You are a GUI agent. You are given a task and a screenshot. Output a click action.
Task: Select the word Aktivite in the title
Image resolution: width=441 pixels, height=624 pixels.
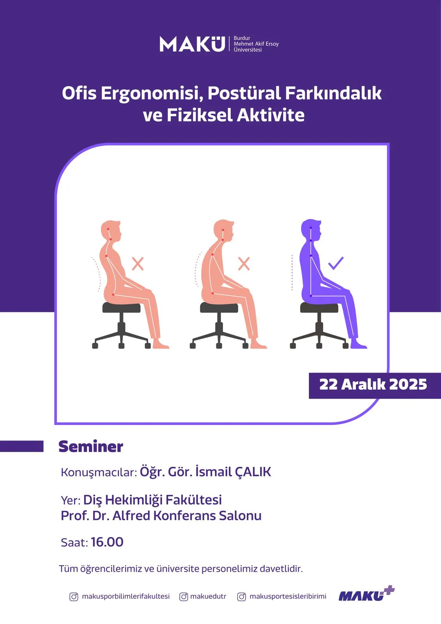(x=271, y=115)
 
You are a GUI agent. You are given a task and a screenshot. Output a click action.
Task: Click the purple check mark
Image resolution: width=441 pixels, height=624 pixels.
(x=336, y=263)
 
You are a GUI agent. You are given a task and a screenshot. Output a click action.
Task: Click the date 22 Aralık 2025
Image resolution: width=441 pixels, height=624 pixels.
(x=373, y=384)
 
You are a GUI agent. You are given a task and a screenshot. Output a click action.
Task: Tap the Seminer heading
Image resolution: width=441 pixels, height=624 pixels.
(x=91, y=447)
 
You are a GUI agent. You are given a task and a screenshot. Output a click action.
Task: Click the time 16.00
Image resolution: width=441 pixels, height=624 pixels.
(x=107, y=542)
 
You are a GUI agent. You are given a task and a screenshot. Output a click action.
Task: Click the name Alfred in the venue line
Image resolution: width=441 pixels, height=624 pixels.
(x=131, y=516)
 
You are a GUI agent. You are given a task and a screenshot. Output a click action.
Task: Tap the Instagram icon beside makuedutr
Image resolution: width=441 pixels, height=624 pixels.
(x=184, y=596)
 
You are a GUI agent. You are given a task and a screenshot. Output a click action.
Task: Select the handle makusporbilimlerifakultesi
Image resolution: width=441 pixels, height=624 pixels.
(x=126, y=596)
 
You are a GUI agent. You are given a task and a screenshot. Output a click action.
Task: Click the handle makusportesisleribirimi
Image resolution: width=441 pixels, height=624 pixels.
(x=288, y=596)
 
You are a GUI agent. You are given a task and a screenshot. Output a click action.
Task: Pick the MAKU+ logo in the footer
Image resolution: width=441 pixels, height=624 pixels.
(x=367, y=594)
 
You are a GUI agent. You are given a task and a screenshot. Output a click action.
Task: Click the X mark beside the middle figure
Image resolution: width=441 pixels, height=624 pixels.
(x=244, y=263)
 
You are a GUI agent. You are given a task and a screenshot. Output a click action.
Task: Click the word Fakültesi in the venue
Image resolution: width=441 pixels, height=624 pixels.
(x=194, y=500)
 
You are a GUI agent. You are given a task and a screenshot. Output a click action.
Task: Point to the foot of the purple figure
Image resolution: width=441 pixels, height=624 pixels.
(x=359, y=344)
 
